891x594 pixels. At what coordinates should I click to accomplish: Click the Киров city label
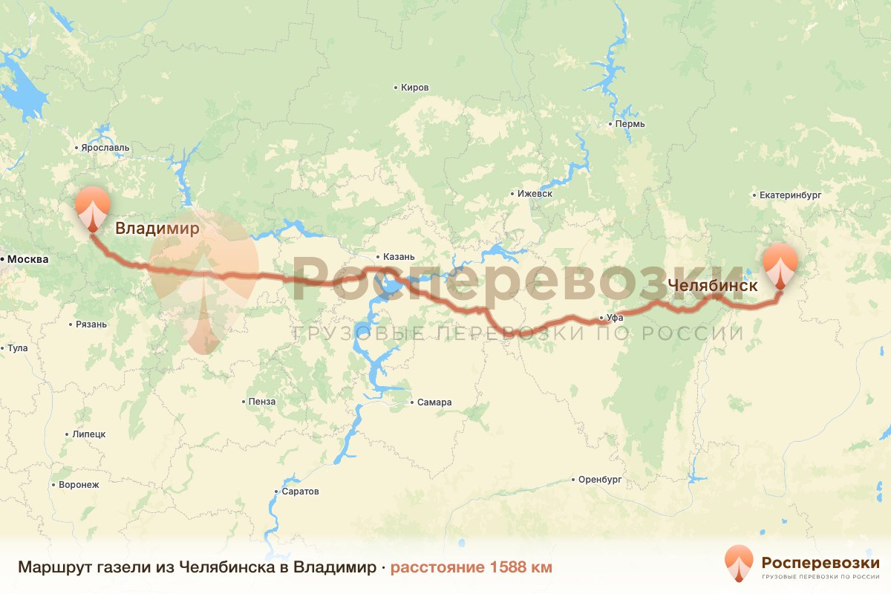point(414,88)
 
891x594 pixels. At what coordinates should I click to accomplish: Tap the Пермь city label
point(630,124)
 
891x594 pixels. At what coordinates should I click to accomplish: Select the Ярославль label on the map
point(105,148)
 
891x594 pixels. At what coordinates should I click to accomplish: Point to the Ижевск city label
point(535,194)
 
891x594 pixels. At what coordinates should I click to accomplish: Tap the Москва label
point(27,260)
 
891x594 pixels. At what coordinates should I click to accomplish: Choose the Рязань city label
point(91,324)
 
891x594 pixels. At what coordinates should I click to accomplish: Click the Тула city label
point(17,347)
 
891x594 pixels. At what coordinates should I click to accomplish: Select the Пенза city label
point(262,402)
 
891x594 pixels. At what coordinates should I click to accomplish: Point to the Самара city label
point(434,403)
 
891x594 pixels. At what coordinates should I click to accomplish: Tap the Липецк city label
point(89,434)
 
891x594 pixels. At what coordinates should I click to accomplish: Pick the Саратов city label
point(300,492)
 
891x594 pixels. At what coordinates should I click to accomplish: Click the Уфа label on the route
point(614,318)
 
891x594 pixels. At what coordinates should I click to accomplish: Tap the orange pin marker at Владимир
point(93,207)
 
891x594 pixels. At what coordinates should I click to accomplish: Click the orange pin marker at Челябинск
point(780,266)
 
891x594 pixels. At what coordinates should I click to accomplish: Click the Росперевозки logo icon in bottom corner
point(739,564)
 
